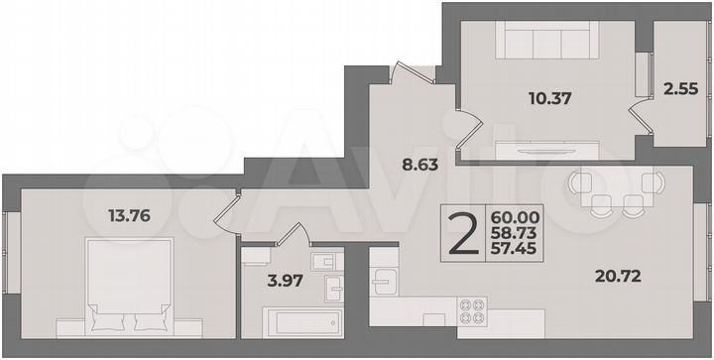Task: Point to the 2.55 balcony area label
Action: [x=679, y=87]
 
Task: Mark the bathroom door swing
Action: [x=294, y=235]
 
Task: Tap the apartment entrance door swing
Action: [x=410, y=74]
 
